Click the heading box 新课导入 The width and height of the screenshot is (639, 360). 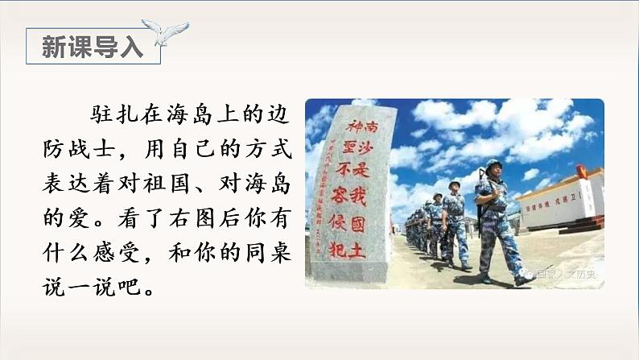(x=92, y=47)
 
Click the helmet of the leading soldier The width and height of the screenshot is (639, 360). (x=493, y=165)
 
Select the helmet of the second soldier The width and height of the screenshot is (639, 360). (x=455, y=184)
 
